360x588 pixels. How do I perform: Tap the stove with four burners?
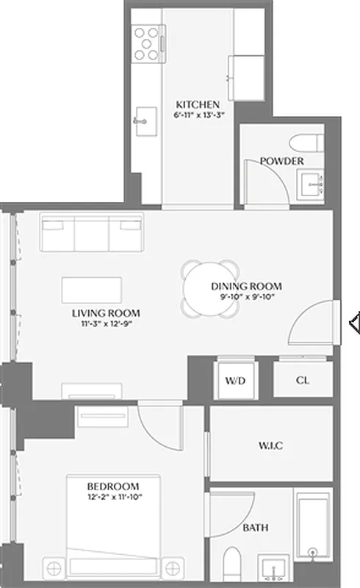(146, 43)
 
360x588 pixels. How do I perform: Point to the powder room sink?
(312, 183)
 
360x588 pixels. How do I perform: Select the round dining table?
(212, 289)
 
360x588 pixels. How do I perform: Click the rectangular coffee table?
(93, 288)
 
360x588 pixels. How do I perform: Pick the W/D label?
(235, 381)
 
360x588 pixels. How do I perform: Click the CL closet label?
(302, 381)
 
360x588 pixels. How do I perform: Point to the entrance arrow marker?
(353, 322)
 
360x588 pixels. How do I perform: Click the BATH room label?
(255, 528)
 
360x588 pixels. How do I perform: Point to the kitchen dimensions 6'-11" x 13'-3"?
(198, 115)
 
